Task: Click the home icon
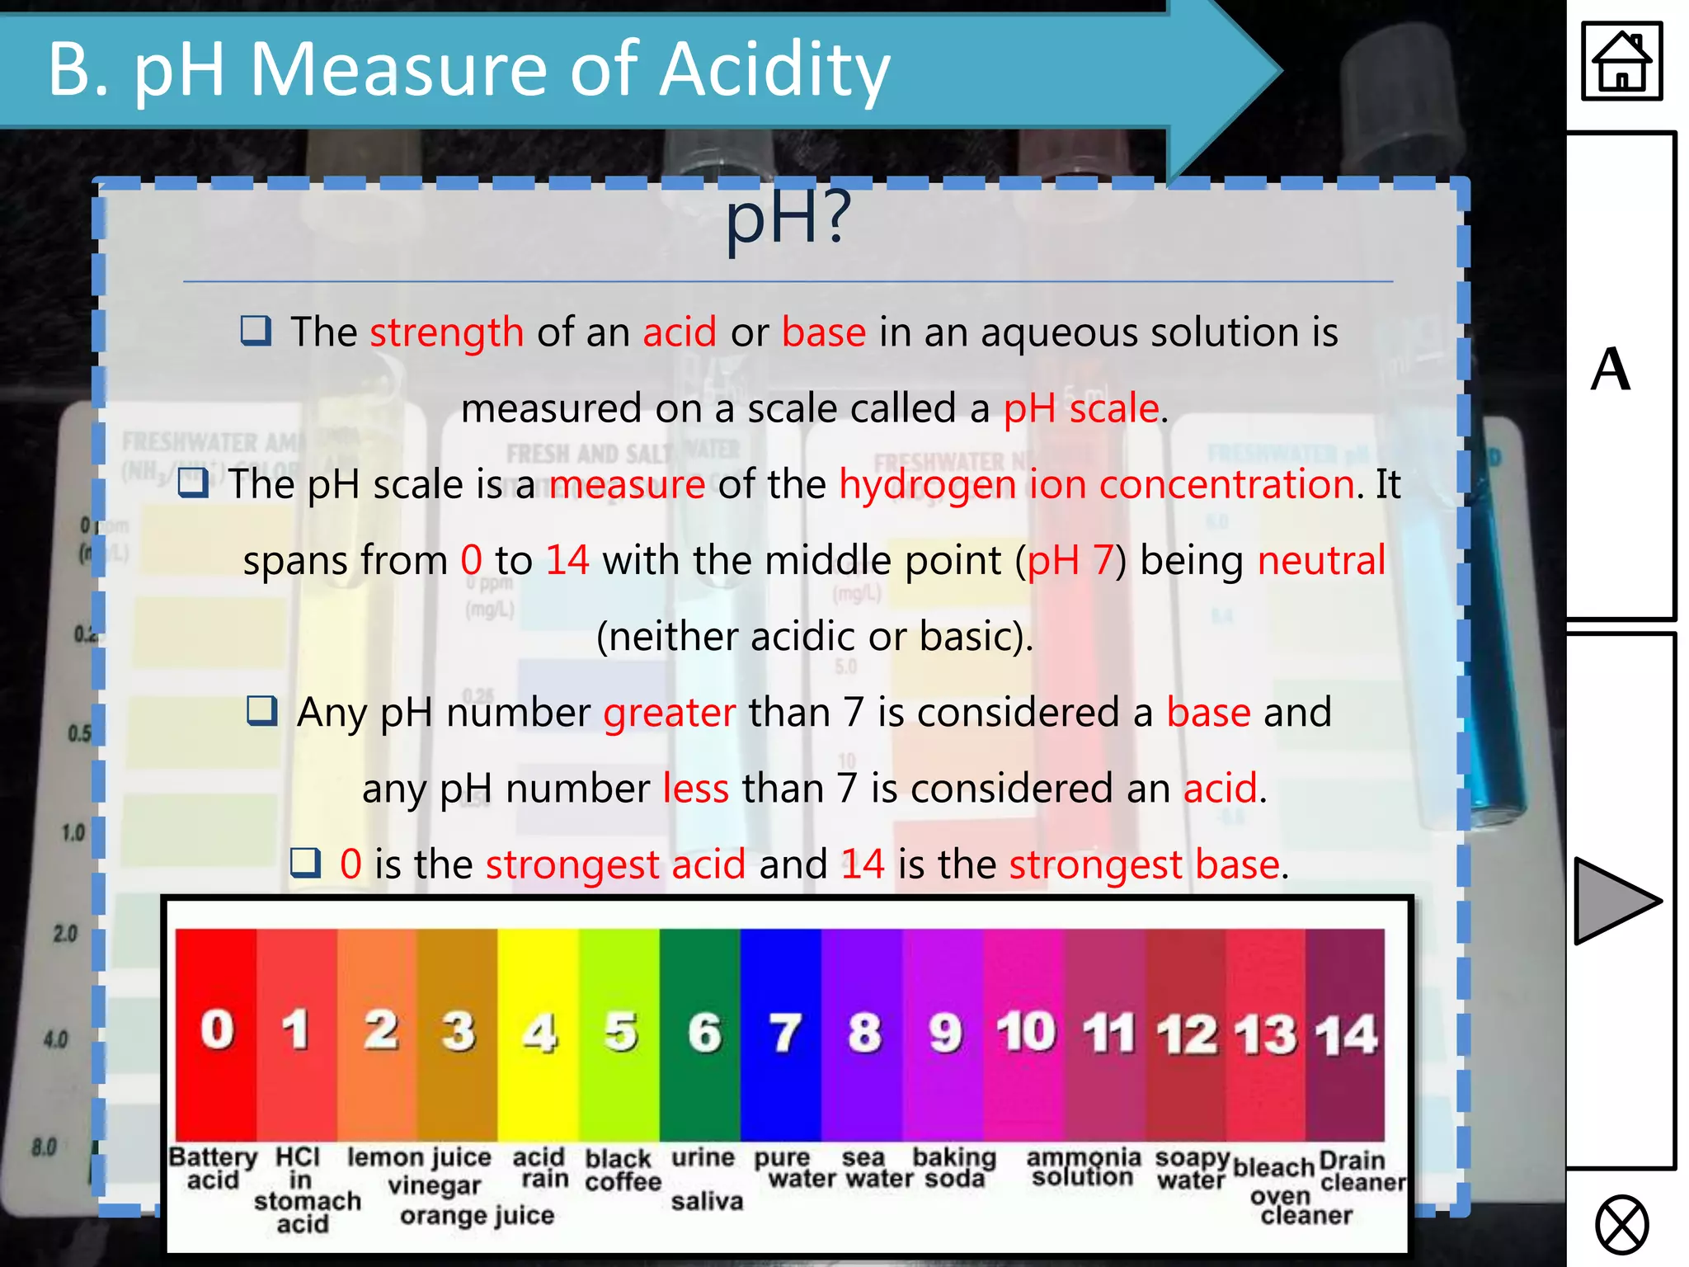point(1621,62)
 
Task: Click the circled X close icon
point(1621,1225)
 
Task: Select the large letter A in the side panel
point(1611,370)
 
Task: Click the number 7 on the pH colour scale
point(784,1033)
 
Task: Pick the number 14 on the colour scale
point(1346,1034)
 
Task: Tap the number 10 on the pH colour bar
point(1026,1032)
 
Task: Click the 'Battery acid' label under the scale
point(213,1168)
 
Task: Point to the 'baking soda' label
point(954,1168)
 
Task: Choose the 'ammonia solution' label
point(1083,1167)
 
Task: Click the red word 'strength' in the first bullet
point(446,333)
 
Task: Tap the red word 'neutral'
point(1321,561)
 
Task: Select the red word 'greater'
point(669,713)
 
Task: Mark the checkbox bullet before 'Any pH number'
point(262,710)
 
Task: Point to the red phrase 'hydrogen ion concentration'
point(1097,484)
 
